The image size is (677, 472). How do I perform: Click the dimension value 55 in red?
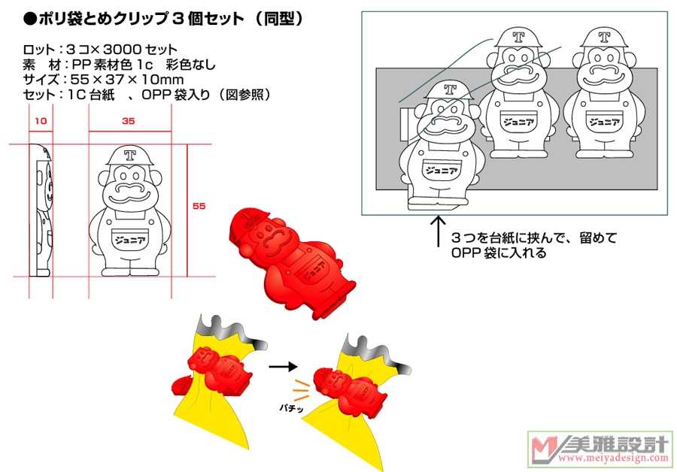coord(199,205)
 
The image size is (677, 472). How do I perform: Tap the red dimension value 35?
coord(129,120)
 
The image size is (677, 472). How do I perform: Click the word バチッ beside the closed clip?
coord(290,404)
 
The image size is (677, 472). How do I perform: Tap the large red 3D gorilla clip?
coord(293,259)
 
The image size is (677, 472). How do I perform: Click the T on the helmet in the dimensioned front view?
coord(129,156)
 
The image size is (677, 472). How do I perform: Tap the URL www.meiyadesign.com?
coord(612,458)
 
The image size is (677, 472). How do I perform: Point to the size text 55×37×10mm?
coord(126,79)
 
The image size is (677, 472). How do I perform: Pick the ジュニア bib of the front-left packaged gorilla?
coord(444,169)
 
